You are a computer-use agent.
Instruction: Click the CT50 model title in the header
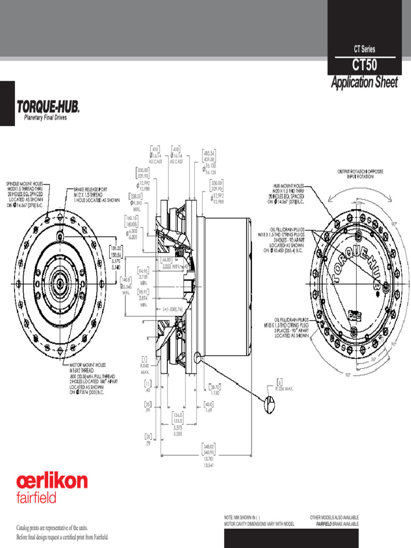click(364, 66)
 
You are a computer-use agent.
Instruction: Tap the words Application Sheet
click(364, 82)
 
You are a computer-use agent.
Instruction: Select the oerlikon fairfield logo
click(51, 486)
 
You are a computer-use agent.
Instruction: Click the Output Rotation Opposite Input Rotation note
click(362, 174)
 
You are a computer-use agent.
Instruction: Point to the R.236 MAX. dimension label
click(288, 389)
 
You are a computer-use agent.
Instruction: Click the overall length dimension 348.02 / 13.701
click(208, 454)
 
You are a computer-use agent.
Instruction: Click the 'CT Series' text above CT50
click(364, 49)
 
